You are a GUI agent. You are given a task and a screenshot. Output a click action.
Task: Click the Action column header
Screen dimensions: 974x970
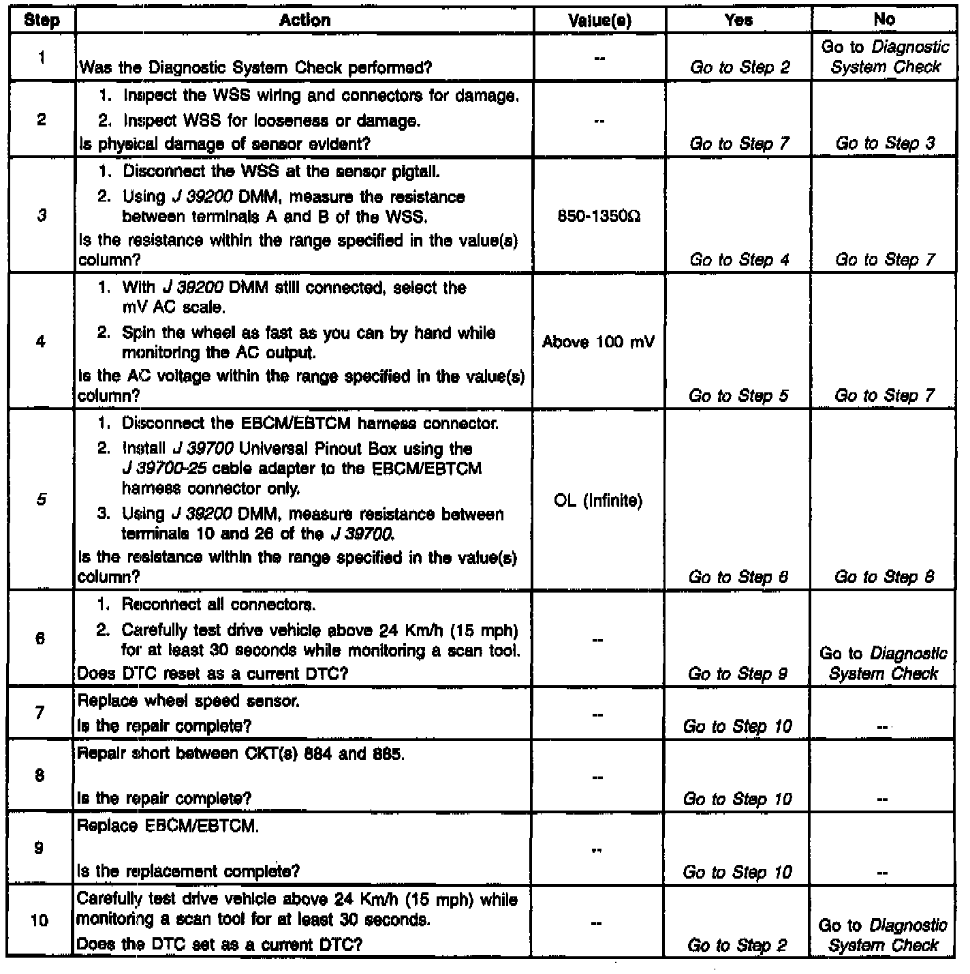(304, 20)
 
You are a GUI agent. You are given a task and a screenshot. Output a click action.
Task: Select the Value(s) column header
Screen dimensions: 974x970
(599, 20)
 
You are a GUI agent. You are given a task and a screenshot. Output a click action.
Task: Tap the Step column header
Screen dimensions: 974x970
(42, 20)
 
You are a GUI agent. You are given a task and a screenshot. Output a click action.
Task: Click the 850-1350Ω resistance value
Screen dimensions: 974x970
(599, 217)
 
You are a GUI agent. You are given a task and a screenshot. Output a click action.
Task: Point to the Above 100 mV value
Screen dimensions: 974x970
(598, 342)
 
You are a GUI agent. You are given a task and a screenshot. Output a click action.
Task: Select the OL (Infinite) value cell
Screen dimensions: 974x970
(598, 501)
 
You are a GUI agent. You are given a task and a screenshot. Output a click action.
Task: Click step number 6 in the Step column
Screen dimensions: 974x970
(40, 638)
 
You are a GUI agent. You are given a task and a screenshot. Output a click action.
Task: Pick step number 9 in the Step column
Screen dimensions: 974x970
(40, 849)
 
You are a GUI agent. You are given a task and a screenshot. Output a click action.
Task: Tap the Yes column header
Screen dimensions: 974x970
(739, 20)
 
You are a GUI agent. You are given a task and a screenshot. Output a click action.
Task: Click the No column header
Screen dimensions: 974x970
(883, 20)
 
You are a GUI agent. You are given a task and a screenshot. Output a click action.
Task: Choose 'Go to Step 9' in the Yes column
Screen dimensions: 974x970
(738, 674)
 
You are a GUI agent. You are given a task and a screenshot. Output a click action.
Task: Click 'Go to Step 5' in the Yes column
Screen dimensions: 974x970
(738, 396)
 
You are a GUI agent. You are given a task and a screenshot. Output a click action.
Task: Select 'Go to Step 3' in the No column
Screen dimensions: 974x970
(885, 143)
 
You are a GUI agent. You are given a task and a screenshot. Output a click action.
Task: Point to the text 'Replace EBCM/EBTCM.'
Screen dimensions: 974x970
(168, 826)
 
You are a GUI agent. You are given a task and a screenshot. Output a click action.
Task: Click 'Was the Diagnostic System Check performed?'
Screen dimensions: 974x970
(255, 67)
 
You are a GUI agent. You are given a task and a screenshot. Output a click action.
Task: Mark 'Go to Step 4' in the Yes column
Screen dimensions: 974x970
(739, 260)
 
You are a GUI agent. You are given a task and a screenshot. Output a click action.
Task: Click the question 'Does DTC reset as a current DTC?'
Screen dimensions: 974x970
(213, 674)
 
